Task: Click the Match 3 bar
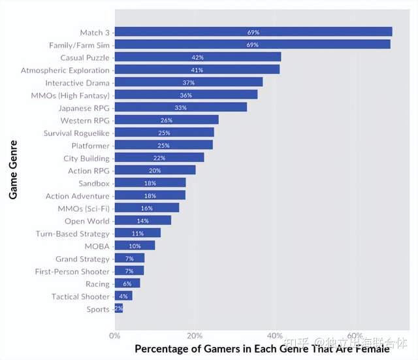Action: tap(253, 32)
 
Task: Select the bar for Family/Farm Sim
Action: tap(253, 44)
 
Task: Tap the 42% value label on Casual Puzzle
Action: tap(197, 57)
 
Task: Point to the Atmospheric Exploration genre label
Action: tap(65, 71)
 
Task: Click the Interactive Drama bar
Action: tap(189, 82)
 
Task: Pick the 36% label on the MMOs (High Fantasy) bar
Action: tap(185, 95)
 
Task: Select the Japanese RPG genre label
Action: tap(84, 108)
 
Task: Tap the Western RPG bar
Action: tap(167, 120)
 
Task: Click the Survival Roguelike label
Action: tap(76, 133)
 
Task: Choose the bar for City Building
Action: tap(159, 157)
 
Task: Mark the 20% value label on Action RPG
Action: tap(155, 171)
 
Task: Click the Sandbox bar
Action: tap(150, 183)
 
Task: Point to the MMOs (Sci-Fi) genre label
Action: tap(84, 208)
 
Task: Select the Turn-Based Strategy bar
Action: tap(138, 233)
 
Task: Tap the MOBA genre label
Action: tap(97, 246)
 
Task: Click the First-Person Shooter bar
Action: tap(129, 270)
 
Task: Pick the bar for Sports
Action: tap(119, 308)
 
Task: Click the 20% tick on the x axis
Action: tap(195, 336)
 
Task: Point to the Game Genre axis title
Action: tap(13, 170)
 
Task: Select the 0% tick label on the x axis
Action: tap(115, 336)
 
